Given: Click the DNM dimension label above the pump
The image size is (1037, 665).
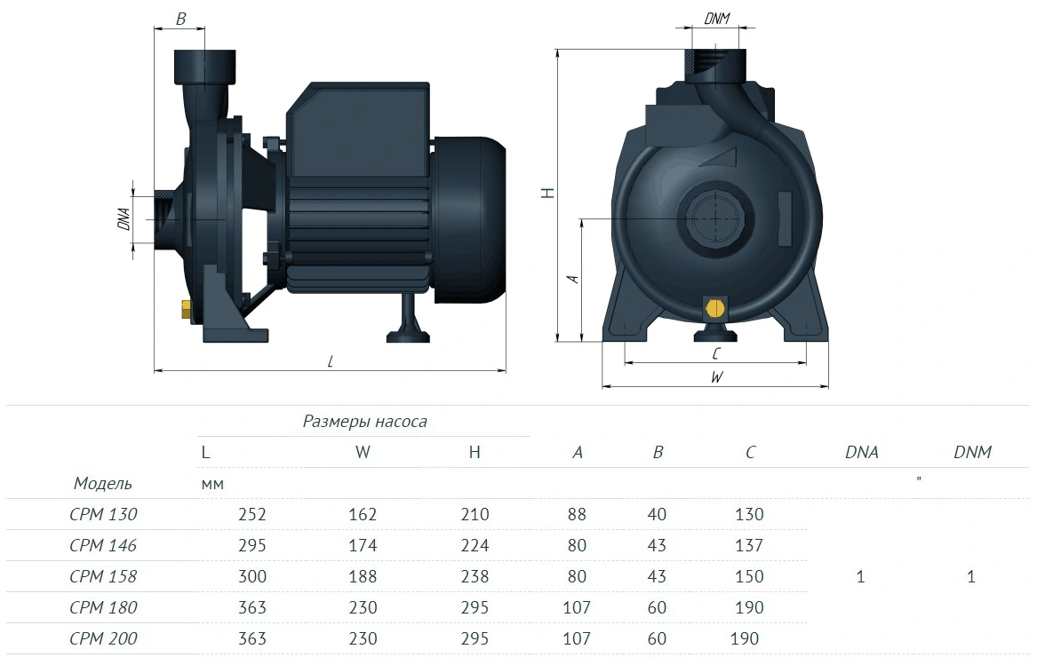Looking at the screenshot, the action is (x=717, y=19).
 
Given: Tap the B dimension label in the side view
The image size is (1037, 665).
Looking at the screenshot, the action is (x=180, y=20).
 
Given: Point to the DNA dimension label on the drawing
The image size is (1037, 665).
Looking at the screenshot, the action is (x=124, y=218).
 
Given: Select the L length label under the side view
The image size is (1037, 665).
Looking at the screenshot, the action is (x=330, y=361).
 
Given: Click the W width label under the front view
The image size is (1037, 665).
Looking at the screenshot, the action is (x=716, y=376).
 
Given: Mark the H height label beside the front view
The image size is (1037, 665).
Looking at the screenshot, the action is (x=547, y=193).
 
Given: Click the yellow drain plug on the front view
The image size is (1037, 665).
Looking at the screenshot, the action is (x=715, y=308).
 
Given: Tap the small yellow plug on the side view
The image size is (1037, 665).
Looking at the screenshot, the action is (x=187, y=309).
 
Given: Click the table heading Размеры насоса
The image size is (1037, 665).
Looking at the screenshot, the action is (x=364, y=422).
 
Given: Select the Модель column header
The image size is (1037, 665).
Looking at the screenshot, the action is (x=102, y=483).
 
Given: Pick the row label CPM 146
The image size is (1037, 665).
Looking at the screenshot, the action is (x=103, y=545).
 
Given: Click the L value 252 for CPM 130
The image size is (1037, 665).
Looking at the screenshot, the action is (x=252, y=514).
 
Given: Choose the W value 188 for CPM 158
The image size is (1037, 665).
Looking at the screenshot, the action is (x=363, y=576).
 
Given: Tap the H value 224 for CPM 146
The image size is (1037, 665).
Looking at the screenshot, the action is (x=475, y=545).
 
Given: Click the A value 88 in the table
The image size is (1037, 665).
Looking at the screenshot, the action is (x=577, y=514).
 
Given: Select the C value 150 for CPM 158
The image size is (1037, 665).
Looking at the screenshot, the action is (x=749, y=576).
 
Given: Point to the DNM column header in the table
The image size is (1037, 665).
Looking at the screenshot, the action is (x=972, y=452).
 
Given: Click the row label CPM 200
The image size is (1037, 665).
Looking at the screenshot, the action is (x=103, y=638).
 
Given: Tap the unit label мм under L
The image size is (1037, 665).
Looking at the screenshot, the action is (x=212, y=485).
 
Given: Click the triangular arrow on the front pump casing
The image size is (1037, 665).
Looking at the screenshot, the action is (x=722, y=157).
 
